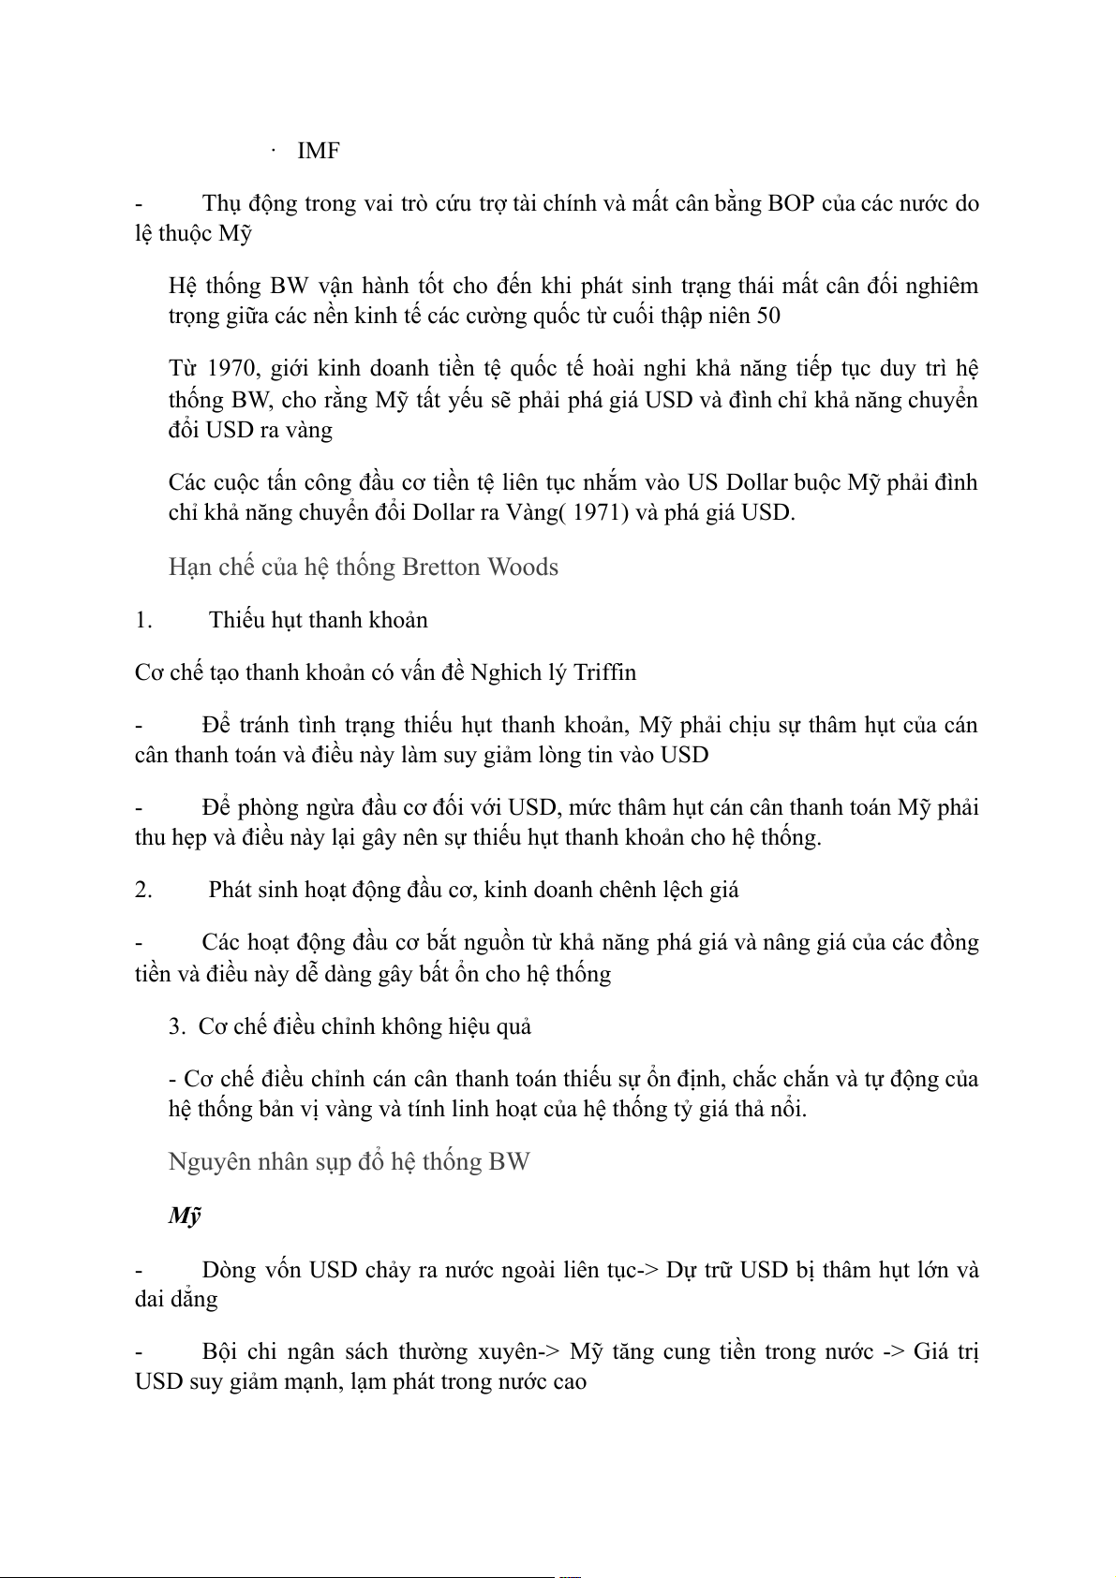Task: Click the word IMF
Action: [x=318, y=151]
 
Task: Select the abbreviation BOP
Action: [x=791, y=203]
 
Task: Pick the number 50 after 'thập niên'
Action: [x=768, y=316]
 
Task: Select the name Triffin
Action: [x=604, y=672]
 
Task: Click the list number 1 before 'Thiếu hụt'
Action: [x=142, y=620]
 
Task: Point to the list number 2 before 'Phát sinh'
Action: [x=143, y=890]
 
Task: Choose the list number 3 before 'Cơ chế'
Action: [x=177, y=1026]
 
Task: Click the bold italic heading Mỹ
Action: [x=185, y=1216]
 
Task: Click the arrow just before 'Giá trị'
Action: [x=893, y=1352]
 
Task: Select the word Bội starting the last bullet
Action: [x=219, y=1352]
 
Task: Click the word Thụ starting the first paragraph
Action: [x=221, y=203]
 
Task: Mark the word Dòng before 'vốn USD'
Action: [x=229, y=1270]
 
